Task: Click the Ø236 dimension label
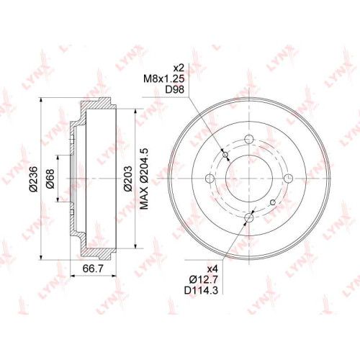(x=34, y=179)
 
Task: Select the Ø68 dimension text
(x=50, y=179)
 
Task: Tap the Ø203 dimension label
(x=128, y=179)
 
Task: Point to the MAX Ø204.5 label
(x=144, y=179)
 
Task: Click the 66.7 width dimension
(x=93, y=269)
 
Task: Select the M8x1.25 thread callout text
(x=164, y=78)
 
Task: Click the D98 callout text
(x=175, y=89)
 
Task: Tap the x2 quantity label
(x=179, y=68)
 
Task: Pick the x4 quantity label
(x=212, y=269)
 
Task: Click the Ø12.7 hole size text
(x=204, y=279)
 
